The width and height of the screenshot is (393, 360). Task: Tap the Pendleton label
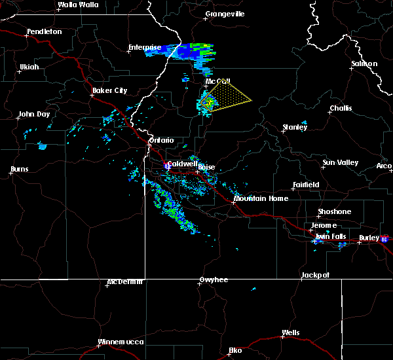pos(45,31)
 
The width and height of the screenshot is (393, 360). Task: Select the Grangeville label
pos(225,14)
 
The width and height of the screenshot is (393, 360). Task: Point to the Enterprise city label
pos(145,47)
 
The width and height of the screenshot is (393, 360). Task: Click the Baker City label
pos(110,91)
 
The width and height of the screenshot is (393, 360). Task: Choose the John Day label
pos(34,115)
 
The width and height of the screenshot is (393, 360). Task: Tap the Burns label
pos(20,170)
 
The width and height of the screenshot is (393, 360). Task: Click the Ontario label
pos(161,140)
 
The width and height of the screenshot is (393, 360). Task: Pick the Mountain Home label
pos(261,198)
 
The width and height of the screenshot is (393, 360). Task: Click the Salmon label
pos(364,63)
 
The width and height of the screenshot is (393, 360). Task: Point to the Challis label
pos(341,109)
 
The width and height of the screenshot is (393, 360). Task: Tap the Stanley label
pos(295,127)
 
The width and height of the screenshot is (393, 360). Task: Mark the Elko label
pos(234,350)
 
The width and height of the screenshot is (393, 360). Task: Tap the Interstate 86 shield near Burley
pos(384,240)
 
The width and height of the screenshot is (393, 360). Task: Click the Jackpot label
pos(315,276)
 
